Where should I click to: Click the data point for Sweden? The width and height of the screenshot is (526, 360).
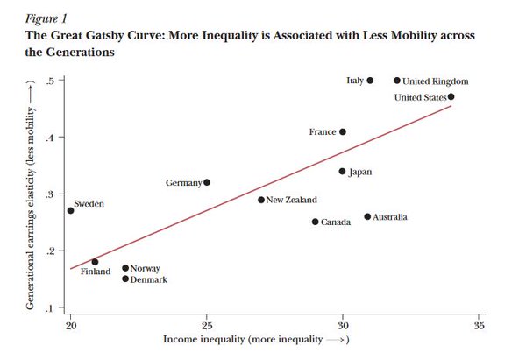(70, 210)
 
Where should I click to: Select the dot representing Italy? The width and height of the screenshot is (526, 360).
(370, 81)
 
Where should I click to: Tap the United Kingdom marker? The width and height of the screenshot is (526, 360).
(397, 81)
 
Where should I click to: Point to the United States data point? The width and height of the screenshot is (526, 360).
(451, 97)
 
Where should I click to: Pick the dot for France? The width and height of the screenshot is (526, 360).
(343, 132)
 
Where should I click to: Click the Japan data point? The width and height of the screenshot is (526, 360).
(343, 172)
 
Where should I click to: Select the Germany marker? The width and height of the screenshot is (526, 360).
(207, 182)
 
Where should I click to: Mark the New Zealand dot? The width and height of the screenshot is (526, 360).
(261, 200)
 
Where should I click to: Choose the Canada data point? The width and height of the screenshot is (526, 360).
(316, 222)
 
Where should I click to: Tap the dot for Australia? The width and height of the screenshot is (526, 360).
(367, 216)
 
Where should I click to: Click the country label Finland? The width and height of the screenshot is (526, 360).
(96, 272)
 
